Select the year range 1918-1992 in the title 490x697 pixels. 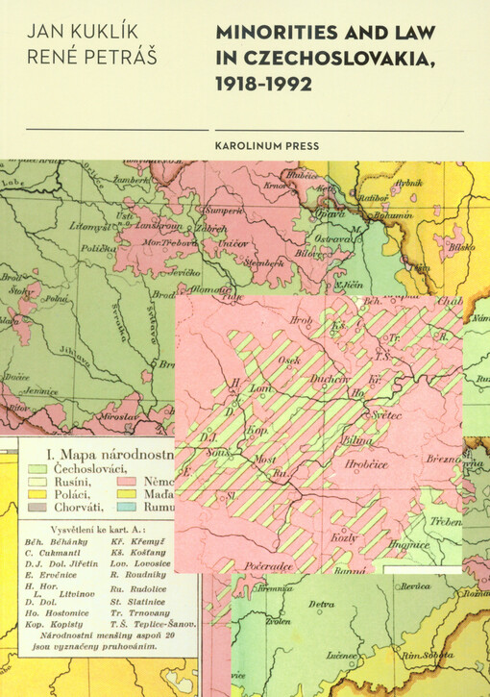coord(263,85)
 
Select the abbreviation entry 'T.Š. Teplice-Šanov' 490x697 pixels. coord(163,624)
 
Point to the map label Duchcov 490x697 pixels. coord(330,379)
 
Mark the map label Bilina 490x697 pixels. coord(357,438)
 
